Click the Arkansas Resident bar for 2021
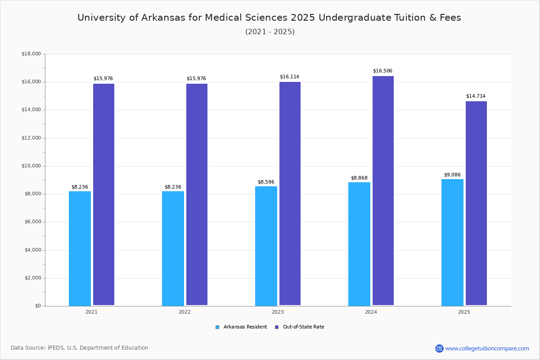coord(80,248)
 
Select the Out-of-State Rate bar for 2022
coord(197,194)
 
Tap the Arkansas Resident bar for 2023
coord(266,246)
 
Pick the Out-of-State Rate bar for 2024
coord(383,191)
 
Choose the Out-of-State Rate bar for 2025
coord(476,203)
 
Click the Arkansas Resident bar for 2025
coord(452,242)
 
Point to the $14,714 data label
coord(476,96)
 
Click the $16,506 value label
coord(382,71)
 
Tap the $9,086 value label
coord(452,175)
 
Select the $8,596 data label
coord(266,182)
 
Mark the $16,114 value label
coord(289,76)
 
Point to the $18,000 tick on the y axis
coord(31,54)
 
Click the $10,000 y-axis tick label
coord(31,166)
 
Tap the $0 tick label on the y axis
coord(37,306)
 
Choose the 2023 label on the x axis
coord(278,312)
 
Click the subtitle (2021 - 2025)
coord(270,31)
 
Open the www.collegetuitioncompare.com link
coord(487,348)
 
